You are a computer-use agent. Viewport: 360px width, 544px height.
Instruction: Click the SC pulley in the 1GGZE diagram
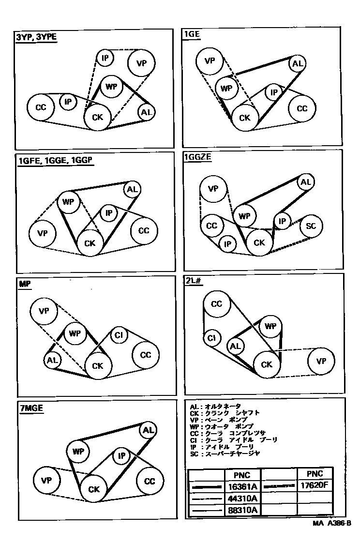tap(311, 227)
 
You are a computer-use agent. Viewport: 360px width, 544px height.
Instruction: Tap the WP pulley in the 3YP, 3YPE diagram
tap(112, 87)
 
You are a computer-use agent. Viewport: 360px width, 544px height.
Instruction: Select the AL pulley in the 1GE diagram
tap(298, 64)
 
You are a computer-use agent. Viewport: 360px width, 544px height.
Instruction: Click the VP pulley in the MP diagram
tap(45, 311)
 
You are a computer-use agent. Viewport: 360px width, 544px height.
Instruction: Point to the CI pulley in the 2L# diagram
tap(211, 338)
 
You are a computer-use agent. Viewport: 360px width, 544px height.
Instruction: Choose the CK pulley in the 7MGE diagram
tap(94, 489)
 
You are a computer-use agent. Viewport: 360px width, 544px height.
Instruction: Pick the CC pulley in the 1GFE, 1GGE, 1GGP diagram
tap(144, 231)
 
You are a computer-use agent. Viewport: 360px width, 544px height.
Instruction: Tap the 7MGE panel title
tap(31, 408)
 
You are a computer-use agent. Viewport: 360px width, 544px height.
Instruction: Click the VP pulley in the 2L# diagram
tap(321, 361)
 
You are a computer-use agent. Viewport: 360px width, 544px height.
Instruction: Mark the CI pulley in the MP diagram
tap(119, 335)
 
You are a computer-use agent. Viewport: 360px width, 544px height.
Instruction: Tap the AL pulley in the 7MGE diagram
tap(148, 430)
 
